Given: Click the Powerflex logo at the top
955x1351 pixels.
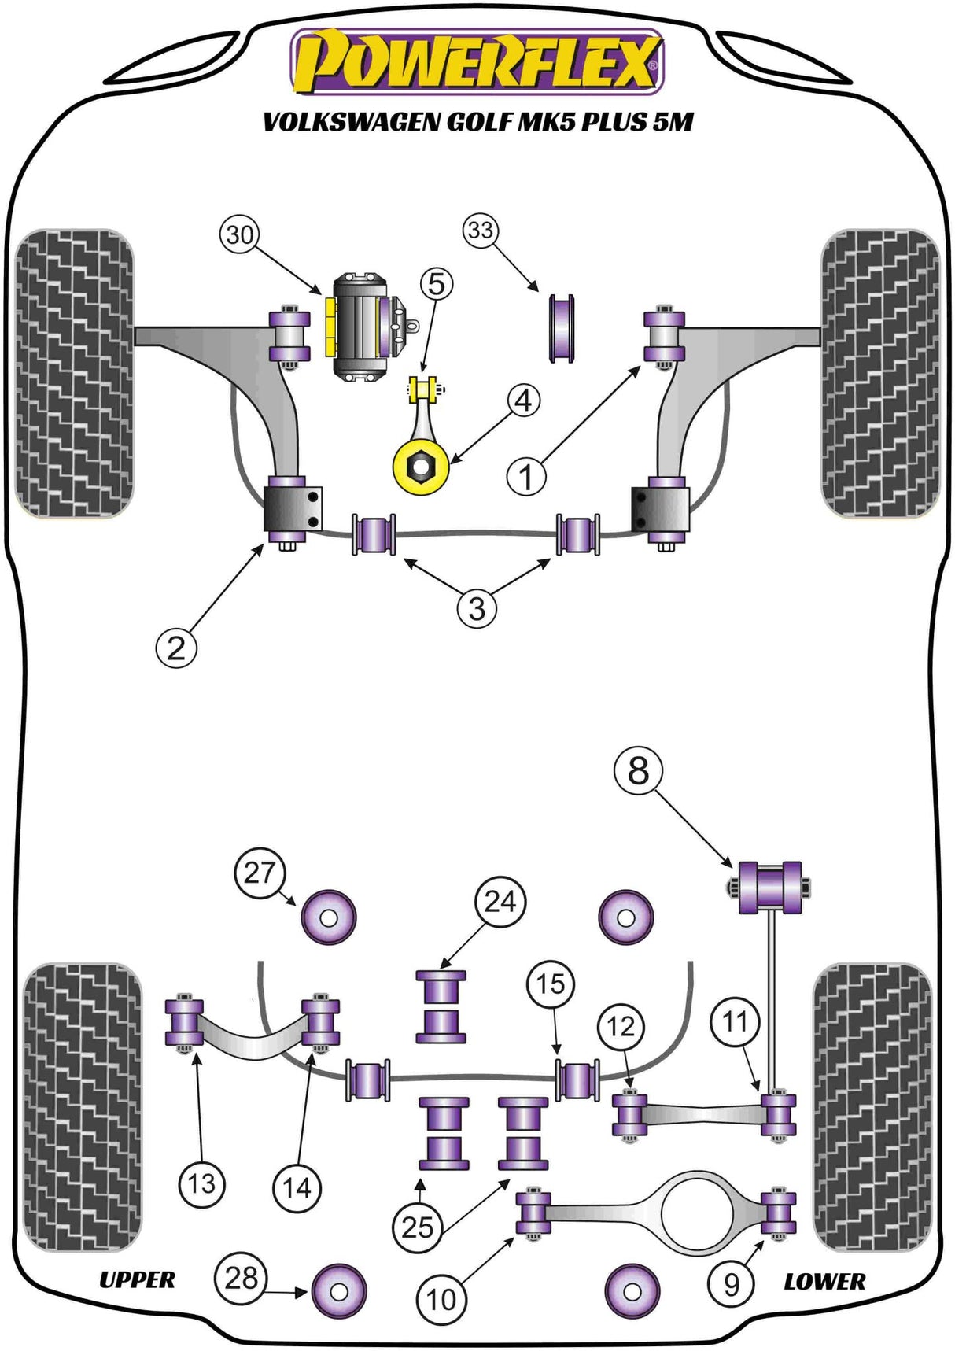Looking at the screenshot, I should point(477,61).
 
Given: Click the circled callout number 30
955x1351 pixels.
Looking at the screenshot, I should point(240,234).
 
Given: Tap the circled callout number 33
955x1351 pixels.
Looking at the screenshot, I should point(481,230).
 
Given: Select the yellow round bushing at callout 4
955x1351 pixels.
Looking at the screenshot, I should point(421,467).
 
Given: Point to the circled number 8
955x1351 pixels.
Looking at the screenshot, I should point(638,770).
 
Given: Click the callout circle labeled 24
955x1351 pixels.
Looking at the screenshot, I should point(500,900).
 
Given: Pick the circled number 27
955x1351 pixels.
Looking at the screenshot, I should point(259,872).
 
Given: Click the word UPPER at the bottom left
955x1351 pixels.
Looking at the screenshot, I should point(137,1279).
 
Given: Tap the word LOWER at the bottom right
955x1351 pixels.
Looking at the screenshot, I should point(824,1281).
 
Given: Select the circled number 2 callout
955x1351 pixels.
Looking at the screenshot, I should point(176,648).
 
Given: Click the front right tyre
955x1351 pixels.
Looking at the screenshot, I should point(880,373).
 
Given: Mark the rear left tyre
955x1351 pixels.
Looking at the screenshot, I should point(83,1107).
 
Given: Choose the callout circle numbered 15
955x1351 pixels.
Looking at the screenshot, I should point(551,983).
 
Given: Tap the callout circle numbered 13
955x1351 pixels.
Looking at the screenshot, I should point(201,1183).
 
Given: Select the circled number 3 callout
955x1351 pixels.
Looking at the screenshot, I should point(477,607).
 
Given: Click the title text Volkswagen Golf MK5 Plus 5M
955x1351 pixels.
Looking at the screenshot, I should point(477,122).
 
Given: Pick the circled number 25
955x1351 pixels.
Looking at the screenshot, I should point(418,1226).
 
